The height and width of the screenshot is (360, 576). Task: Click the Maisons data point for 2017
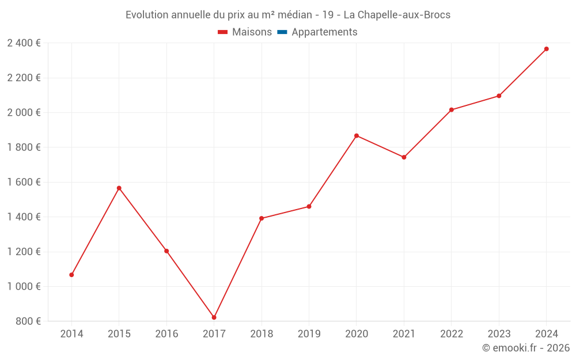(214, 317)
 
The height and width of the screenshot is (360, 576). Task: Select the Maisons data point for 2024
(546, 49)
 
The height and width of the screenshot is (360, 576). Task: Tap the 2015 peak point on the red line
(119, 188)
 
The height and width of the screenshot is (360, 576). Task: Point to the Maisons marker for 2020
(357, 136)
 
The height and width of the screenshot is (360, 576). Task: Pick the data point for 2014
(71, 275)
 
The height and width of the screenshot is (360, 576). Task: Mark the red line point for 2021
(404, 157)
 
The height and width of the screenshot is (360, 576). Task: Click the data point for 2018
(262, 218)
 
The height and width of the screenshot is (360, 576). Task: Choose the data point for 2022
(452, 110)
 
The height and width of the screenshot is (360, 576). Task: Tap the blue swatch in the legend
(282, 32)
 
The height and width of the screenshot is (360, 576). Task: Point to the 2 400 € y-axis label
(24, 43)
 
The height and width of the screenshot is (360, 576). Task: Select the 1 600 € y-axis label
(24, 182)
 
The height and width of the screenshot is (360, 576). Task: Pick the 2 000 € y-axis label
(24, 112)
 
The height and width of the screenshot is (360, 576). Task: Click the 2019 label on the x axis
(309, 334)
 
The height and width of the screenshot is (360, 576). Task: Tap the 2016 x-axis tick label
(166, 334)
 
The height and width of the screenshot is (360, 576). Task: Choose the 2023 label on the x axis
(499, 334)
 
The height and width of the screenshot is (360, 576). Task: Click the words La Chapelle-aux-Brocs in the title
(397, 14)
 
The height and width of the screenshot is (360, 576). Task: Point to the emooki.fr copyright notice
(525, 348)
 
